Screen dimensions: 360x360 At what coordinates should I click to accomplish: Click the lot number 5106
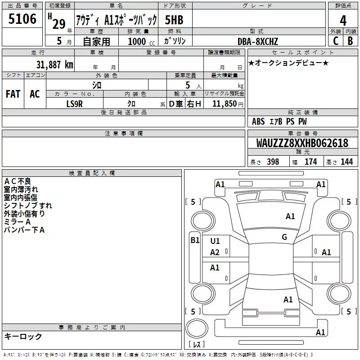point(22,19)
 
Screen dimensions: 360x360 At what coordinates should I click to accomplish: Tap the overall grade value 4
point(343,20)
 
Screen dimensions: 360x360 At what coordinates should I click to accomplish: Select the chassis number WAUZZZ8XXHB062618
point(302,143)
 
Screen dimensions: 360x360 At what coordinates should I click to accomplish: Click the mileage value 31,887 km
point(54,64)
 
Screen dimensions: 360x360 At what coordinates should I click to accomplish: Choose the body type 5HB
point(174,20)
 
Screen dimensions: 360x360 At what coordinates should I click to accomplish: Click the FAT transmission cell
point(13,94)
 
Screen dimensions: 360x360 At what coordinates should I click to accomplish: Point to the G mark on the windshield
point(284,237)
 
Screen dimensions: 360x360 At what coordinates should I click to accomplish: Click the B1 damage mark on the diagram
point(195,240)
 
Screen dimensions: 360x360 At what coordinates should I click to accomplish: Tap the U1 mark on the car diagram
point(215,241)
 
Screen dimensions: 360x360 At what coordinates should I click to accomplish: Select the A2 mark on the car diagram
point(215,252)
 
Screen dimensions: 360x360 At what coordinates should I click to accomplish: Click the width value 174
point(311,162)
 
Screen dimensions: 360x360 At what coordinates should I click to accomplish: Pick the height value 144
point(346,162)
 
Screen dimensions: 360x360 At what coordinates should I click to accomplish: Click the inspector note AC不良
point(18,181)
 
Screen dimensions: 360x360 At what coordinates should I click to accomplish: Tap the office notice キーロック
point(23,336)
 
